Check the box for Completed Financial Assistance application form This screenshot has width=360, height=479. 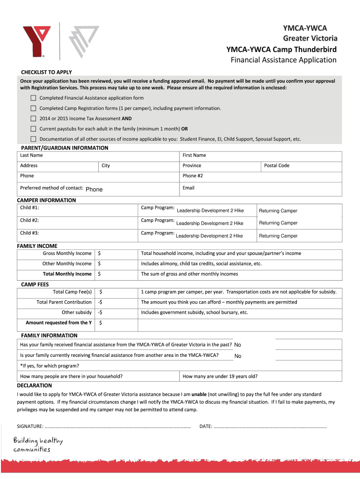point(33,98)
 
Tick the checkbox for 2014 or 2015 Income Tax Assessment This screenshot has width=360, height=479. point(33,119)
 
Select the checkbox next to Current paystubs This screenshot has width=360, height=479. point(33,129)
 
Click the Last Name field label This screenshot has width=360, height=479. point(31,155)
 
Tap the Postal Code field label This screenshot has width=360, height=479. point(276,166)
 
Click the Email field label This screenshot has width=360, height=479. point(188,188)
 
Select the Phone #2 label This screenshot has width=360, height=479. point(193,176)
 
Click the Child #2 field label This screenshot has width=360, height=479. point(29,220)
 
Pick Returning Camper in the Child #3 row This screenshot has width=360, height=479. point(278,236)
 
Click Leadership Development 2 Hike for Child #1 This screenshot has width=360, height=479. point(210,211)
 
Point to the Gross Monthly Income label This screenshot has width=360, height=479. point(67,254)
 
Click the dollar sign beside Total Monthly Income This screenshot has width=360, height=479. point(100,274)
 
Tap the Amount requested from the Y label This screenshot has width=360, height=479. point(58,323)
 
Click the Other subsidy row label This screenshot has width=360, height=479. point(77,312)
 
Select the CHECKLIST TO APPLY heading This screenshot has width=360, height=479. point(46,72)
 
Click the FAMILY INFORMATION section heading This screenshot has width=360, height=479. point(49,335)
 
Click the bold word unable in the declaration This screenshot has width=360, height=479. point(199,394)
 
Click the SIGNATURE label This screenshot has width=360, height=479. point(30,426)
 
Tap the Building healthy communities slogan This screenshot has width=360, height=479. point(38,445)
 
